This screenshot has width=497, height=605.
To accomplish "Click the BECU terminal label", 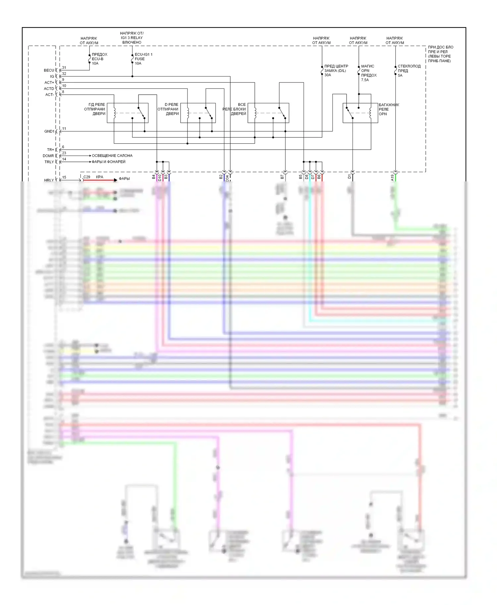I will click(x=49, y=70).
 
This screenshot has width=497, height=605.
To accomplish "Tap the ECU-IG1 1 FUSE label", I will click(x=143, y=59).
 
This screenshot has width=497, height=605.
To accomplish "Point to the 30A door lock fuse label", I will click(x=336, y=70).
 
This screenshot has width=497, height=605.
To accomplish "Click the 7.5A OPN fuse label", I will click(x=369, y=73).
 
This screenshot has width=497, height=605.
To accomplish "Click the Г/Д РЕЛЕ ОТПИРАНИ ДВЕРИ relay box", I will click(x=128, y=113).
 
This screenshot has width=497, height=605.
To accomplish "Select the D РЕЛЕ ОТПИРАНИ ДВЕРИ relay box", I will click(x=198, y=113).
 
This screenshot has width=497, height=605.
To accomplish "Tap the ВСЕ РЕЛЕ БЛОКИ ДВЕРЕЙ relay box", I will click(x=268, y=113).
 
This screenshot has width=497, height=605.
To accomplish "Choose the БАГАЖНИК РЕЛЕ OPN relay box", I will click(x=360, y=113).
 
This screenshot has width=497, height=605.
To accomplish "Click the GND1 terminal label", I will click(x=49, y=131).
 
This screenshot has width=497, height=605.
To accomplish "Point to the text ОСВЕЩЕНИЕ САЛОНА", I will click(x=112, y=156).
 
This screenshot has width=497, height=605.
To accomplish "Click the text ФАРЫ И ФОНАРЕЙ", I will click(x=109, y=162).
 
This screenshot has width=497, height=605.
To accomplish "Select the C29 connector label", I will click(x=87, y=177).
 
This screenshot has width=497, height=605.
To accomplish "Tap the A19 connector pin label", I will click(x=392, y=178).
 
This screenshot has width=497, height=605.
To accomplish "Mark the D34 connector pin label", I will click(x=227, y=178).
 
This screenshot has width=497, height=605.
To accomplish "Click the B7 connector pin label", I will click(x=282, y=177).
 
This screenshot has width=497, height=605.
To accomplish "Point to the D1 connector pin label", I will click(x=349, y=177).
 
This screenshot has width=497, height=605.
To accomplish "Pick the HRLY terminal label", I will click(x=49, y=180).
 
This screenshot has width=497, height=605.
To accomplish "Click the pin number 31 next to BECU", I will click(x=64, y=68).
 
